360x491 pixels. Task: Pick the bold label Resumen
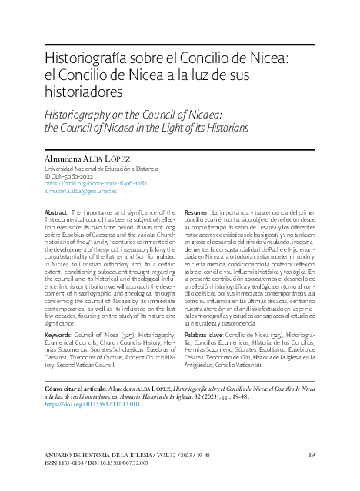click(x=199, y=212)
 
